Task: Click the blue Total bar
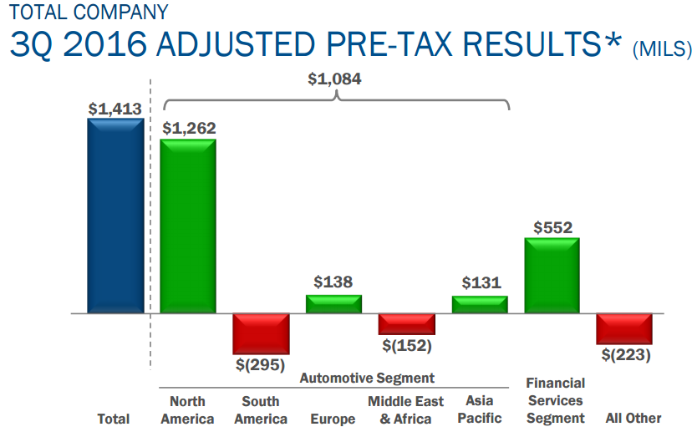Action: [x=115, y=216]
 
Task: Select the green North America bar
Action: [x=188, y=226]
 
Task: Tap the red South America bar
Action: [x=261, y=333]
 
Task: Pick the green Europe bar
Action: [x=333, y=304]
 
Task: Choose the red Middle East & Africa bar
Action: [x=406, y=324]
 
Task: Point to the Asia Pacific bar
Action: [x=480, y=305]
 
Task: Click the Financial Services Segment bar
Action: [x=552, y=276]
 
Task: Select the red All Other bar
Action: [x=624, y=328]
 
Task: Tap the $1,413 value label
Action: [x=114, y=109]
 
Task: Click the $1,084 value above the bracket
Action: [x=335, y=79]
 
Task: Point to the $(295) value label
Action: [x=261, y=364]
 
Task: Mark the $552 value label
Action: [x=552, y=227]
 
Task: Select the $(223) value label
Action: [x=625, y=354]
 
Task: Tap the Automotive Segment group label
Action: [x=368, y=379]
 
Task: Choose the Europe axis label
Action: [x=333, y=418]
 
